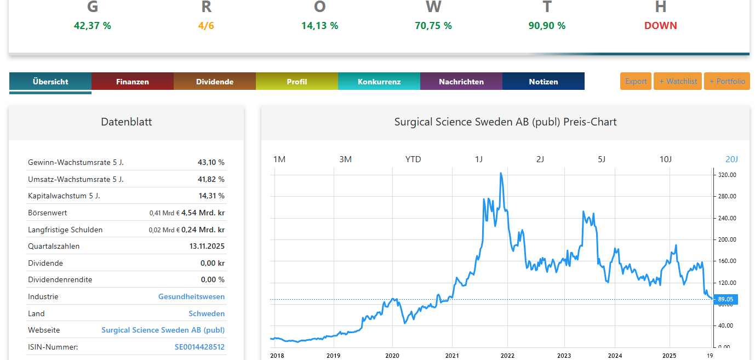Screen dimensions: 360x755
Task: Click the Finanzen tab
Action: point(133,82)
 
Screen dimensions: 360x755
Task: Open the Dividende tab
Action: point(215,82)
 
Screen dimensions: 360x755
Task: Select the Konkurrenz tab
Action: point(379,82)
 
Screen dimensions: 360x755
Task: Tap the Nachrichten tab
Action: point(461,82)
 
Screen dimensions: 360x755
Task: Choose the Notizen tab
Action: point(544,82)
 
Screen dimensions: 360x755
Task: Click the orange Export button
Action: point(636,81)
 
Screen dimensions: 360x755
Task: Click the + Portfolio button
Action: point(727,81)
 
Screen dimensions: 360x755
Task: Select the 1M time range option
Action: point(279,159)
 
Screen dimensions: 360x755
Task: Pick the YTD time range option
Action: point(413,159)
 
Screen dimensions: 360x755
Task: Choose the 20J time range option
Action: point(732,159)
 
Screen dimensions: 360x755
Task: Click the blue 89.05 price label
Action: point(725,299)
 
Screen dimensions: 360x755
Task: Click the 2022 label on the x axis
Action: point(507,356)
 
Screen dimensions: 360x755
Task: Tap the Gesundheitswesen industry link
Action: point(191,296)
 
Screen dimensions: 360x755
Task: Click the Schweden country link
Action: point(207,313)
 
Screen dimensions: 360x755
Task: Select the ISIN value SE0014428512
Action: point(199,347)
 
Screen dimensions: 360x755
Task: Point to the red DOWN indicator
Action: point(660,26)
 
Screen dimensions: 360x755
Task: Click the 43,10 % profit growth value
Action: point(211,162)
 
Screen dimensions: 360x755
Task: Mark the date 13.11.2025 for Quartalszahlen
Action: point(207,246)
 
